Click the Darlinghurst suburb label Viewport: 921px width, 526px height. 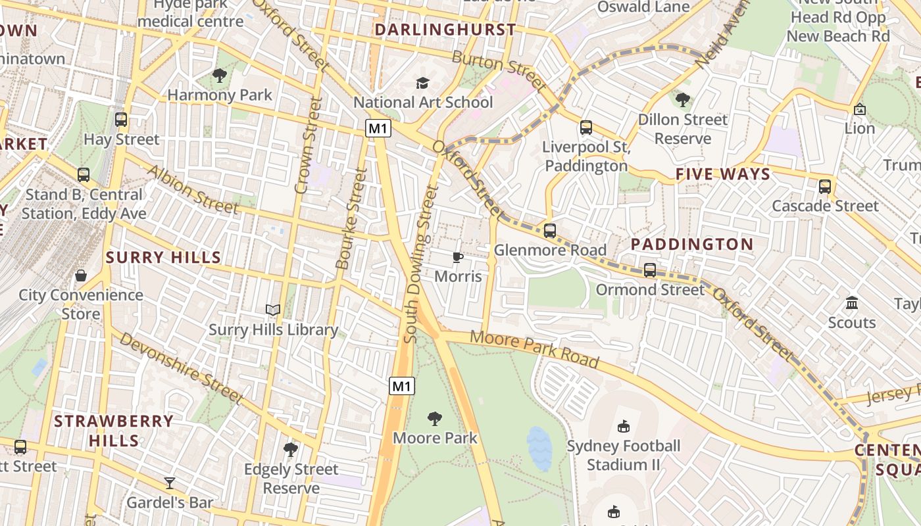click(x=445, y=30)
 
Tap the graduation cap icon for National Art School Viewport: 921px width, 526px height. click(x=422, y=83)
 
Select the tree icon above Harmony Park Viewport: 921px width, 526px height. click(x=220, y=76)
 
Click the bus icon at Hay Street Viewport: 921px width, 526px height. click(x=121, y=120)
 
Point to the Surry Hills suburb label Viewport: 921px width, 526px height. click(x=164, y=257)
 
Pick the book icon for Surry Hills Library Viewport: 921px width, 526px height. click(x=273, y=310)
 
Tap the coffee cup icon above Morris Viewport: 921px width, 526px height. click(x=458, y=257)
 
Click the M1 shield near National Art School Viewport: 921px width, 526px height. click(x=378, y=128)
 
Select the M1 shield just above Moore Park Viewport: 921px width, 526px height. click(x=402, y=386)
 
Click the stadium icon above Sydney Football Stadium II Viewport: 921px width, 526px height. click(x=624, y=427)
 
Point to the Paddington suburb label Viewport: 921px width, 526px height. click(x=692, y=244)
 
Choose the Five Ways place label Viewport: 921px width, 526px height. click(x=723, y=174)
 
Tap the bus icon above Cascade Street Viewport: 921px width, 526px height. click(x=825, y=187)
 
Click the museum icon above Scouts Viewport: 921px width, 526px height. click(x=852, y=303)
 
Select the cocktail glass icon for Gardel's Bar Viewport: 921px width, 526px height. click(x=170, y=483)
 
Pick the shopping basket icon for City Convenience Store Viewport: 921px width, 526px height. click(x=81, y=275)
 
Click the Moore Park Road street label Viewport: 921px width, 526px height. click(x=535, y=350)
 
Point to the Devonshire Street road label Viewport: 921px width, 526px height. click(x=182, y=368)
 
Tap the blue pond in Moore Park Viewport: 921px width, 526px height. click(x=539, y=448)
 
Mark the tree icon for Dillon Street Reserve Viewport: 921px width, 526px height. click(x=683, y=100)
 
